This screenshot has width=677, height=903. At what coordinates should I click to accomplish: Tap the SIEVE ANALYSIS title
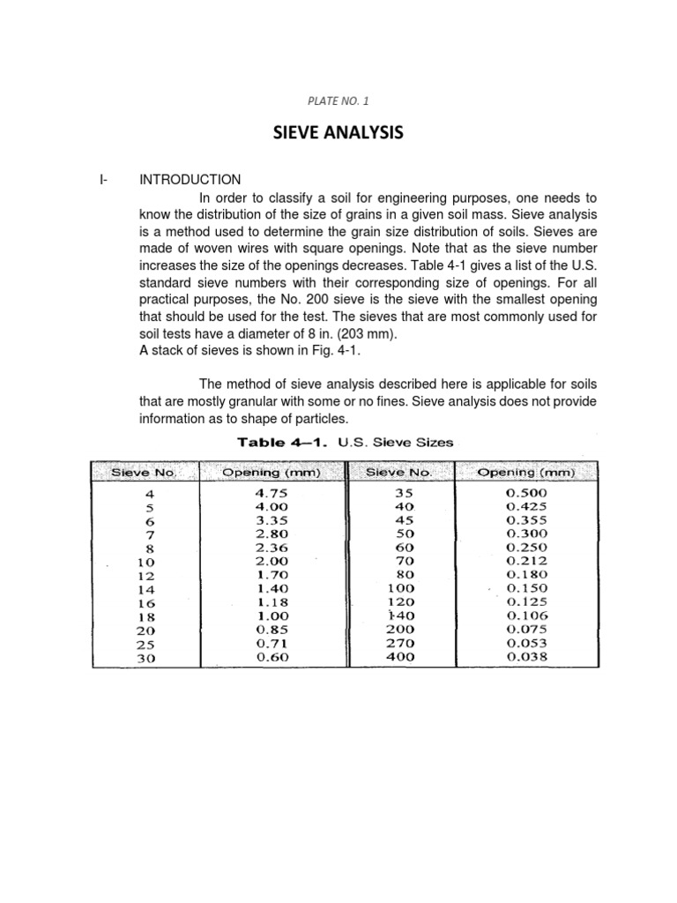(x=338, y=133)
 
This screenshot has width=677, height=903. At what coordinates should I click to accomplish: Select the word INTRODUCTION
(x=190, y=180)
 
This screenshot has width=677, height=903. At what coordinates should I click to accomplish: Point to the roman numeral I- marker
(x=104, y=180)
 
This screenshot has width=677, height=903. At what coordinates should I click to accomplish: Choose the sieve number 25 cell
(x=145, y=644)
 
